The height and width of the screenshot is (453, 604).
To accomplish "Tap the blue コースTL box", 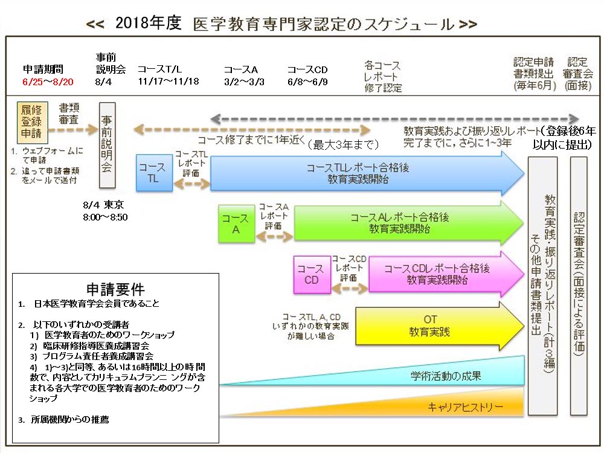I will pyautogui.click(x=154, y=172).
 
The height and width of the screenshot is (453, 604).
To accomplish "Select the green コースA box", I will pyautogui.click(x=236, y=223).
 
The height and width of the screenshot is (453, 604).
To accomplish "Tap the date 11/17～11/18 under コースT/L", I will pyautogui.click(x=169, y=82).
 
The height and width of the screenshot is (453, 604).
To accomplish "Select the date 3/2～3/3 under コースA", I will pyautogui.click(x=244, y=82).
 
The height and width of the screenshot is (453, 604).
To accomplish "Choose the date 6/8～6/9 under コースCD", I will pyautogui.click(x=307, y=82).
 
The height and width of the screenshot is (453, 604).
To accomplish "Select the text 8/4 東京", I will pyautogui.click(x=103, y=205).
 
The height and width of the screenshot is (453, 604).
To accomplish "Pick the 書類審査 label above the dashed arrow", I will pyautogui.click(x=71, y=113).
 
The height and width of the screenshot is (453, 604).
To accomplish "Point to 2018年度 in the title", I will pyautogui.click(x=148, y=24).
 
